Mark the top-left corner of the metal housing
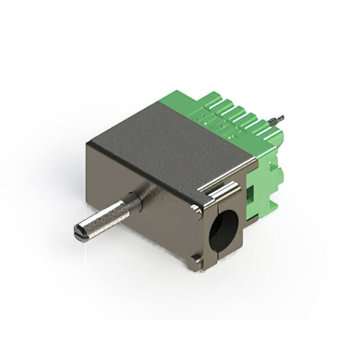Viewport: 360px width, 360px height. pyautogui.click(x=87, y=144)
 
